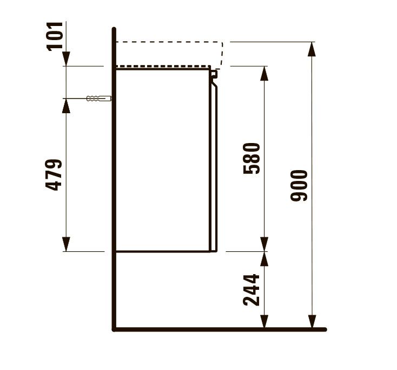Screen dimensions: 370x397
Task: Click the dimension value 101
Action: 56,36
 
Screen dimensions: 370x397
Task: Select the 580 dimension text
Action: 252,158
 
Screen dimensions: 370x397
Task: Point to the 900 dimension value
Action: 299,185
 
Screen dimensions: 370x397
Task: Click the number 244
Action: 252,290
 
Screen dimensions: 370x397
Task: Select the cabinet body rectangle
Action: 162,160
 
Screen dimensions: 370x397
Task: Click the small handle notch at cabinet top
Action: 214,74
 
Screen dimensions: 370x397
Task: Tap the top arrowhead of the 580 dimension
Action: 264,73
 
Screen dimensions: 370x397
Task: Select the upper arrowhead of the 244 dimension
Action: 264,258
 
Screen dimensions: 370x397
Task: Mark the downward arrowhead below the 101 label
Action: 66,59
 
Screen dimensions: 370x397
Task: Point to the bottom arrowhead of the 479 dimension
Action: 66,245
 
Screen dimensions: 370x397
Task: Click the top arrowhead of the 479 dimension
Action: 66,105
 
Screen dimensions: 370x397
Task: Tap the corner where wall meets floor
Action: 114,328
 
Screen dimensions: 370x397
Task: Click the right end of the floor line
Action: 325,329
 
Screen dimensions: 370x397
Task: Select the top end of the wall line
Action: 114,29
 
